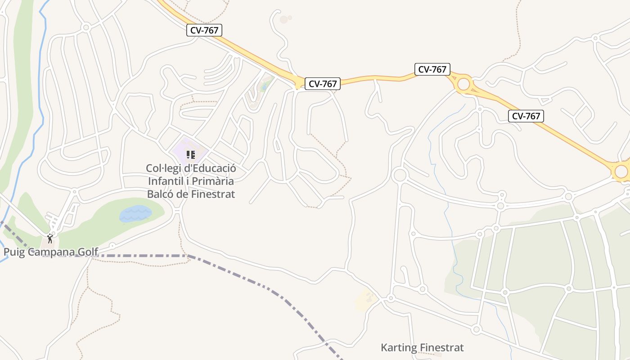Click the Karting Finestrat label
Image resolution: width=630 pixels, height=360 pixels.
(422, 347)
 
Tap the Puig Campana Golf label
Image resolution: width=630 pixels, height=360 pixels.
(51, 252)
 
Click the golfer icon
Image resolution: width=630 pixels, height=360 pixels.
(50, 238)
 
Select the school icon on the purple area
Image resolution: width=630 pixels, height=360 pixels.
(190, 155)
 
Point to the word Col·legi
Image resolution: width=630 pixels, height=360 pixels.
(162, 168)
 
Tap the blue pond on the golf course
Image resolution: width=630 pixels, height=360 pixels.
(135, 213)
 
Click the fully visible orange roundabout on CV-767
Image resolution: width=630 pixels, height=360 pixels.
(463, 84)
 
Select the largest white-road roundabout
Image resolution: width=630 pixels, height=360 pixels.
(399, 175)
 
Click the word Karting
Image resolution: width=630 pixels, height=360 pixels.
(399, 347)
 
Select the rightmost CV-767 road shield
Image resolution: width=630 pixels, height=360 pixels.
(526, 116)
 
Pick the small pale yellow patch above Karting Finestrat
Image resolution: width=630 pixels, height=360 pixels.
(365, 300)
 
